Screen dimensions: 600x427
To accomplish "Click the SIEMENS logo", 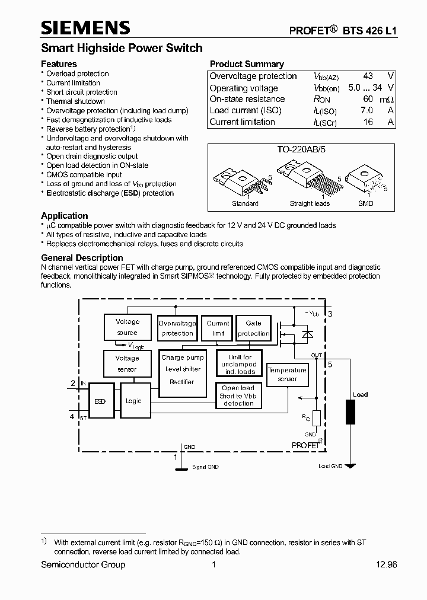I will point(85,28).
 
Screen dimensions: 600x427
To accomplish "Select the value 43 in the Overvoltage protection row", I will point(368,76).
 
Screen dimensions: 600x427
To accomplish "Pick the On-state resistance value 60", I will point(368,100).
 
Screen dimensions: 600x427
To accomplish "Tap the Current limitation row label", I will point(242,122).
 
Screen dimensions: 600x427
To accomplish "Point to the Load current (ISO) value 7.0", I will point(367,111).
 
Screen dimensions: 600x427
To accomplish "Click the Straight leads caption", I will point(309,203).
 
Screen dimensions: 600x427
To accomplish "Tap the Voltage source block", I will point(127,327).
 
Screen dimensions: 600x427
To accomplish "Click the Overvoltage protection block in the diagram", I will point(177,328).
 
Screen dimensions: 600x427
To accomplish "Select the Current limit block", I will point(218,328).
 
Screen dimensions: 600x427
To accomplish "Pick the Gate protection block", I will point(253,328).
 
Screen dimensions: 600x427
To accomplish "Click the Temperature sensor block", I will point(287,374).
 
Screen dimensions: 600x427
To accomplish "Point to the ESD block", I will point(100,401).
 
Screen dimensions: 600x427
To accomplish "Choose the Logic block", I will point(134,401).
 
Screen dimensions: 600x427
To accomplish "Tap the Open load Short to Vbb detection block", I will point(238,395).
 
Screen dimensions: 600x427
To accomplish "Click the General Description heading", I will point(82,258).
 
